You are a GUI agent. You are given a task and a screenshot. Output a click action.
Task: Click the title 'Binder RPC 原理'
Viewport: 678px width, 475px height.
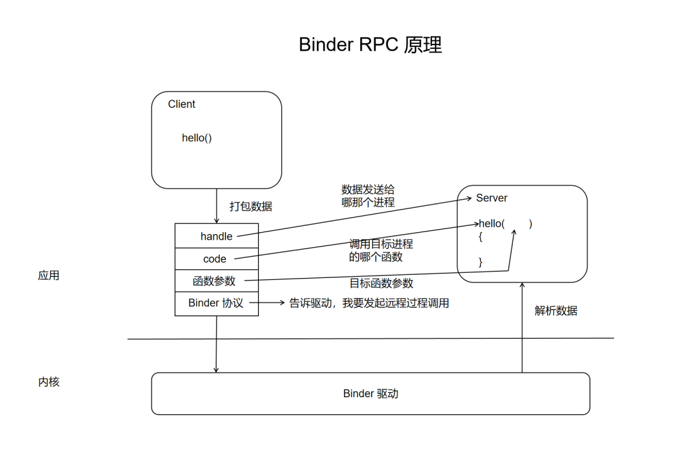coord(370,45)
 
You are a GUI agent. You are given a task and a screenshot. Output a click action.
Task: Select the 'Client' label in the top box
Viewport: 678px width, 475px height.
coord(181,104)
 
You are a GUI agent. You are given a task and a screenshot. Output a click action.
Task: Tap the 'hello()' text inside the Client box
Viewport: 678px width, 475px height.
coord(196,138)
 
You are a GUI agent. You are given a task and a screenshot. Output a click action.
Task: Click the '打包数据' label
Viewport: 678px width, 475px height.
coord(250,206)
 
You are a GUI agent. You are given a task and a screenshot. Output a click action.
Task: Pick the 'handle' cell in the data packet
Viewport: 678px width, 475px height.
coord(217,237)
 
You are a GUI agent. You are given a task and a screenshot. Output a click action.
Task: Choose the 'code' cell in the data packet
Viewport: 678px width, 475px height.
coord(215,259)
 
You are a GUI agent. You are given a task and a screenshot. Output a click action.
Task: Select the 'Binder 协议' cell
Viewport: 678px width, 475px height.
coord(216,303)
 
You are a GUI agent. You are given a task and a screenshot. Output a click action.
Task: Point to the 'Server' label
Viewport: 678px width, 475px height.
coord(492,198)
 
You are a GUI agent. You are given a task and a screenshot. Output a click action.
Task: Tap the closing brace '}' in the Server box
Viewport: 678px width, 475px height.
coord(480,262)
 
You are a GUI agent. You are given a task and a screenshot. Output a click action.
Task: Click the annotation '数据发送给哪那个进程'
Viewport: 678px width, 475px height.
coord(368,196)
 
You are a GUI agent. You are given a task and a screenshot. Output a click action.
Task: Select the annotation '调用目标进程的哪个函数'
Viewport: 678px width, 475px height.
coord(381,250)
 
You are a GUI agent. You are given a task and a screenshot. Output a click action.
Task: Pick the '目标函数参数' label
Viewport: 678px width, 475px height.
coord(381,283)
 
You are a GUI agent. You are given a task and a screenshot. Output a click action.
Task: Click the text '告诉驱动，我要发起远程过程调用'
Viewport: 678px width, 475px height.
coord(369,303)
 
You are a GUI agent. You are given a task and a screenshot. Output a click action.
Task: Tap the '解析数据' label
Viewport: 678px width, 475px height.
coord(556,311)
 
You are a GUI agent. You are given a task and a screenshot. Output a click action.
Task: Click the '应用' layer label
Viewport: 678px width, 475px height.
coord(48,275)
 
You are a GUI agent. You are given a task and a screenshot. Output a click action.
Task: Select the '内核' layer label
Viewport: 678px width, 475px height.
coord(48,382)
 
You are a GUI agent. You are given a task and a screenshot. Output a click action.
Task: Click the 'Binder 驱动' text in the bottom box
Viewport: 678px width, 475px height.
coord(370,394)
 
